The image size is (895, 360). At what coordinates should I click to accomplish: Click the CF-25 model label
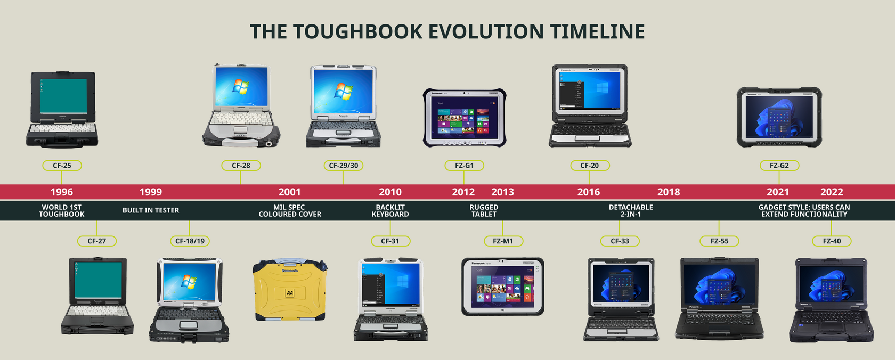(x=62, y=166)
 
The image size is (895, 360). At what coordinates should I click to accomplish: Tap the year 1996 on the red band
(x=62, y=192)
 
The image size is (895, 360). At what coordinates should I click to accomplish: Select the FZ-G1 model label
(x=465, y=166)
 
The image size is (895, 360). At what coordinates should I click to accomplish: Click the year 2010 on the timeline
(x=390, y=192)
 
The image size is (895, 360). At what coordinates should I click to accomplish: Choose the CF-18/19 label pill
(x=190, y=241)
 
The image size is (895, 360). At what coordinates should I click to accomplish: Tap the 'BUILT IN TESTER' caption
(x=151, y=210)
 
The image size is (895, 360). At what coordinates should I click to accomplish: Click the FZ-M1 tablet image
(x=502, y=287)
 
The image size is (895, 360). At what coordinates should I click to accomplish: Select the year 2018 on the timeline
(x=669, y=192)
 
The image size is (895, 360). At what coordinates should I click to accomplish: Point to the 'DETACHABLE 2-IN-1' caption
(x=631, y=211)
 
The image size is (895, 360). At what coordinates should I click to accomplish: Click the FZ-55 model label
(x=719, y=241)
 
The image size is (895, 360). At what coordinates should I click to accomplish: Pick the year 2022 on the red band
(x=832, y=192)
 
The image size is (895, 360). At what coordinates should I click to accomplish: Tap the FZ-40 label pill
(x=832, y=241)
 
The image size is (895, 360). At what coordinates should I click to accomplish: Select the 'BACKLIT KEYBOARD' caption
(x=390, y=211)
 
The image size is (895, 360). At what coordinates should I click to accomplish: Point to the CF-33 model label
(x=620, y=241)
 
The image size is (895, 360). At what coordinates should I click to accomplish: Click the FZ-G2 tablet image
(x=779, y=117)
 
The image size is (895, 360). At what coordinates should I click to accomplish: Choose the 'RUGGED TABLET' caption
(x=484, y=211)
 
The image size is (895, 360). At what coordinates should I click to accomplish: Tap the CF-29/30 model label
(x=344, y=166)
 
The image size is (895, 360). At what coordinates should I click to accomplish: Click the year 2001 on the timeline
(x=289, y=192)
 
